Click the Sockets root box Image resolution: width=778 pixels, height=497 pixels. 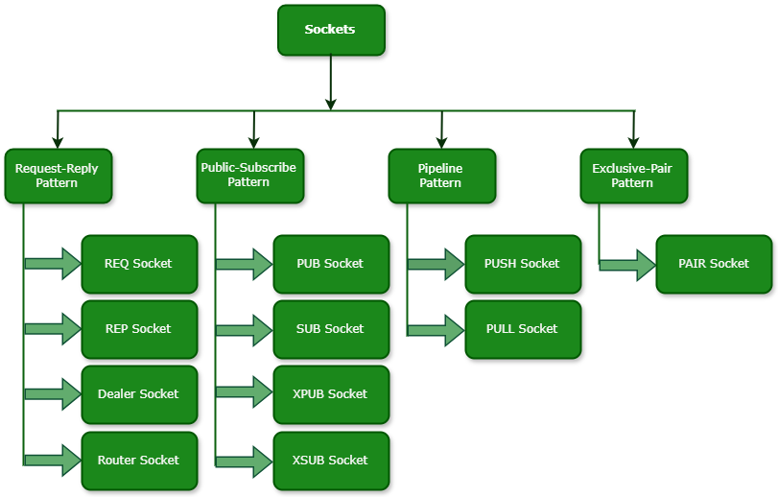point(330,30)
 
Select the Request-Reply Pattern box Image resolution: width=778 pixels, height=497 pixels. point(58,176)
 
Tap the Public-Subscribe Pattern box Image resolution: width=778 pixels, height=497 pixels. point(249,176)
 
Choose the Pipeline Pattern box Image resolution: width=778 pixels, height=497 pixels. point(441,176)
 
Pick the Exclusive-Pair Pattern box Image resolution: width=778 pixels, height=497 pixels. point(633,176)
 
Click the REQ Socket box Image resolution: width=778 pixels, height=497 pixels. point(139,264)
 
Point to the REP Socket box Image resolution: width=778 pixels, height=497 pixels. point(139,329)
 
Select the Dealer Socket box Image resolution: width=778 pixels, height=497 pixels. point(139,394)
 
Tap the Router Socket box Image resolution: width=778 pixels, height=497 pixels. point(139,461)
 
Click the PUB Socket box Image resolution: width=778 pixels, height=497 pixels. point(331,264)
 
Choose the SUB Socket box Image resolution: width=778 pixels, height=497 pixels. point(331,329)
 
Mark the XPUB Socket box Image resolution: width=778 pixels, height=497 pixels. point(331,394)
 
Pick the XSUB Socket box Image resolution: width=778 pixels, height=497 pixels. point(331,461)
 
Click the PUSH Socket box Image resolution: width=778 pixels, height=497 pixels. point(523,264)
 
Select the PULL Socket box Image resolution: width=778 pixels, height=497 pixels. point(523,329)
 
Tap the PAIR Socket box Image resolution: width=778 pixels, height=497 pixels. point(714,264)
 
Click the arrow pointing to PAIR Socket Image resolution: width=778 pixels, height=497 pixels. point(628,264)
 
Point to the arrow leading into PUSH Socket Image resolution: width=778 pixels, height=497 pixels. point(436,264)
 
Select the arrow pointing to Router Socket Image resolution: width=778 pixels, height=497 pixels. point(54,461)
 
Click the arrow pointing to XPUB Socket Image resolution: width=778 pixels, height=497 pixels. point(246,394)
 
